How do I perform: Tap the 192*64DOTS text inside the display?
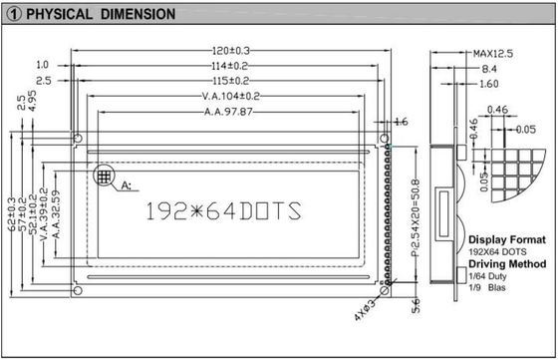tap(222, 211)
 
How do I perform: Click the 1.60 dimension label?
tap(488, 86)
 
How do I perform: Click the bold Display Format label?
tap(506, 240)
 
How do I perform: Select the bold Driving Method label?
tap(508, 264)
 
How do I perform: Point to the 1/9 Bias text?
tap(490, 288)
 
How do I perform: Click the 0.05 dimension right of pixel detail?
tap(525, 130)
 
